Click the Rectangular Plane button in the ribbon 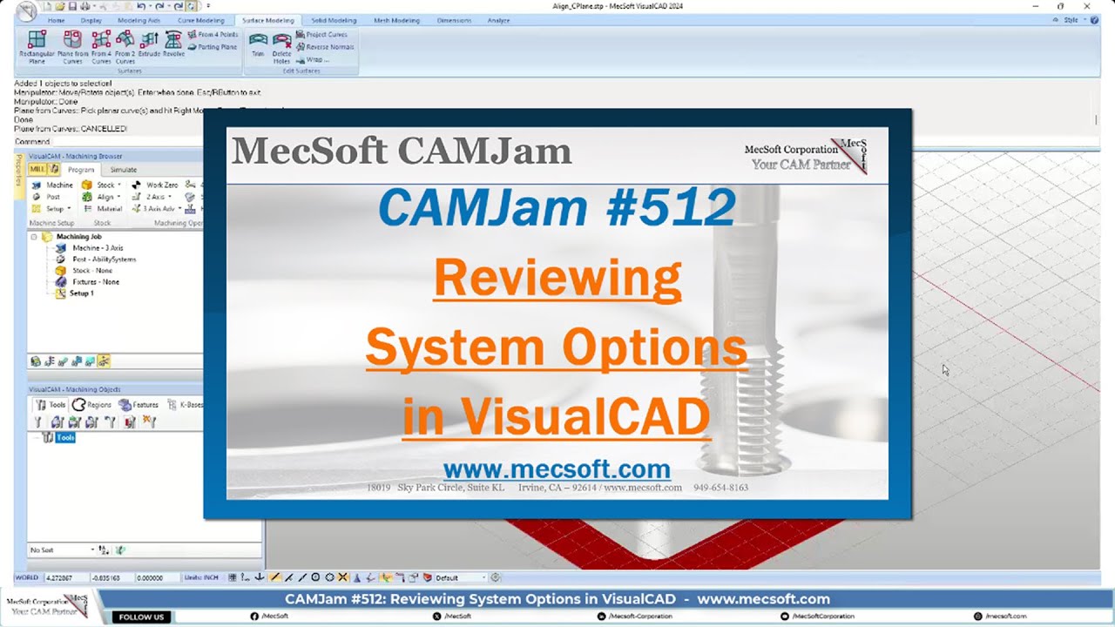[x=37, y=45]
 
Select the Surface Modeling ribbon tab [x=267, y=20]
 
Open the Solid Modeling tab [x=334, y=20]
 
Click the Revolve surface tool [x=173, y=45]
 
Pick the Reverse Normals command [x=325, y=47]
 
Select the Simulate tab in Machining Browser [x=123, y=170]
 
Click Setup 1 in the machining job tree [x=81, y=293]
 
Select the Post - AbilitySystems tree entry [x=103, y=260]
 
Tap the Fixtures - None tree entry [x=95, y=282]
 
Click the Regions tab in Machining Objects [x=92, y=405]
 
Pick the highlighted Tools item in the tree [x=65, y=438]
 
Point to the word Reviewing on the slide [x=557, y=279]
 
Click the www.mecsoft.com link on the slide [x=557, y=469]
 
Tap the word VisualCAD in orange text [x=585, y=417]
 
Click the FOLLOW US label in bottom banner [x=141, y=617]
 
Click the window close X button [x=1086, y=6]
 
